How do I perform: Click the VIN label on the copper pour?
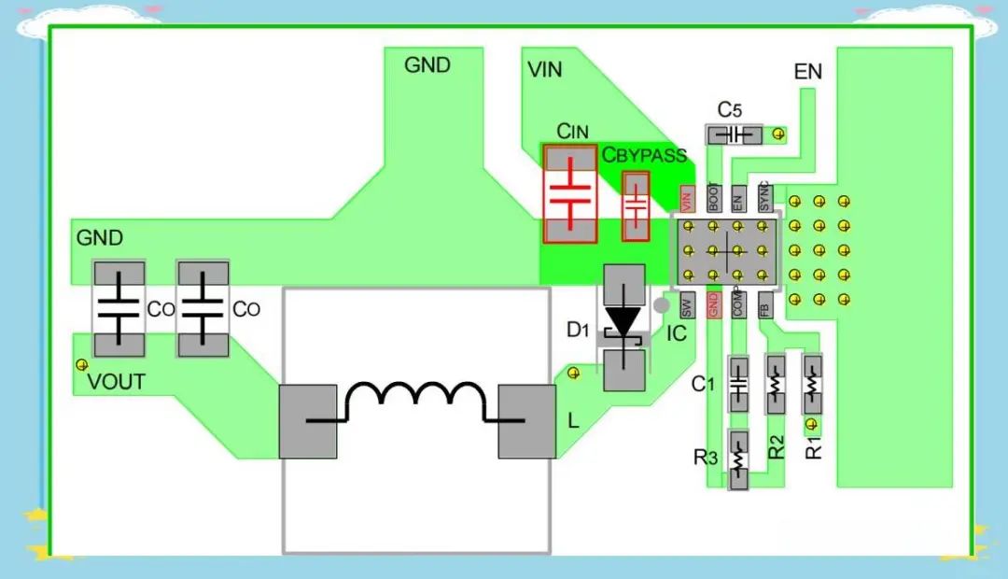click(544, 69)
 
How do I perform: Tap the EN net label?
click(807, 71)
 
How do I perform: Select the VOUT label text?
click(116, 382)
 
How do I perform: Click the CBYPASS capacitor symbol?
click(636, 206)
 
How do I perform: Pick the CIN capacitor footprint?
click(570, 193)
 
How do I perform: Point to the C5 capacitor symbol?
click(735, 135)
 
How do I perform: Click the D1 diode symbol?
click(623, 328)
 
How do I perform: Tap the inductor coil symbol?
click(415, 402)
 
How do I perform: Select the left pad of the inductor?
click(308, 421)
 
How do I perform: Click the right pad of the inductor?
click(527, 421)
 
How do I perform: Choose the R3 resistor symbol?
click(738, 460)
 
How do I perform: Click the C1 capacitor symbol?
click(738, 384)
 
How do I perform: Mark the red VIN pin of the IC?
click(687, 200)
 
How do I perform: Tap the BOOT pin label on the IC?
click(714, 198)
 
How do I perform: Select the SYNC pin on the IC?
click(763, 198)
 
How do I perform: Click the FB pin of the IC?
click(764, 305)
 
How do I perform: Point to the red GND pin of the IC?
click(713, 305)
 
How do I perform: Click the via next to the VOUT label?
click(81, 365)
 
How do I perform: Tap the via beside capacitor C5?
click(778, 134)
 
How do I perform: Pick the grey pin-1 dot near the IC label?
click(662, 305)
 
